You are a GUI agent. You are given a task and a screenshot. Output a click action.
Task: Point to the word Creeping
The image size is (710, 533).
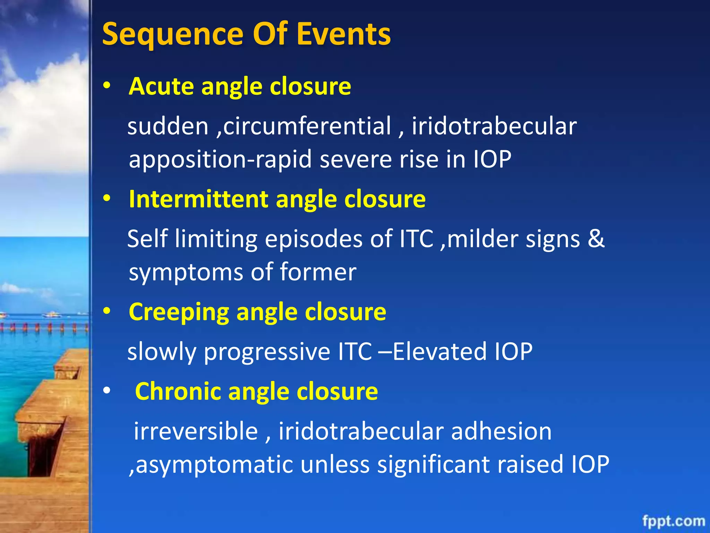[179, 312]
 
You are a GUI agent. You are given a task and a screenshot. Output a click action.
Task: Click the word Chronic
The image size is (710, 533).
[178, 391]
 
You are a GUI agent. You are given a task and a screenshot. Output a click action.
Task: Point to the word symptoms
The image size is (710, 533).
[186, 272]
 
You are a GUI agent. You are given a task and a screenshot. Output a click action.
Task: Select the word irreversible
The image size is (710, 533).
[196, 431]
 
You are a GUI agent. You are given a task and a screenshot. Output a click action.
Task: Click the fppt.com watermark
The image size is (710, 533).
[673, 521]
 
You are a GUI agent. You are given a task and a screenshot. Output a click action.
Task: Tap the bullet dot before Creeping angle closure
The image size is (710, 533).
[107, 311]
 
